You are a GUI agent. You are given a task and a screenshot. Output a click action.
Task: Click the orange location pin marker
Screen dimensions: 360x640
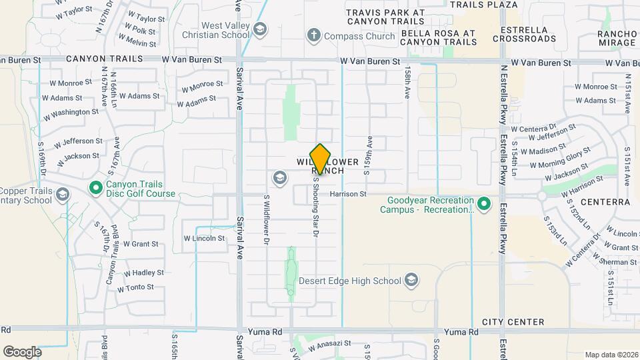[x=321, y=159]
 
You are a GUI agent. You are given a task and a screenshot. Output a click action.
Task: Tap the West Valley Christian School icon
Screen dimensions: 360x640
[x=259, y=29]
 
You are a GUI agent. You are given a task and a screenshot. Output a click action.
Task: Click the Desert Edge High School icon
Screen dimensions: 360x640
[x=412, y=280]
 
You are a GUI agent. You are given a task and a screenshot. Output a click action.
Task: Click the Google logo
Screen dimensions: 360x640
[x=22, y=351]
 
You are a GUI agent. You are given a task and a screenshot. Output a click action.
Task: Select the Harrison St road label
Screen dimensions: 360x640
[x=348, y=194]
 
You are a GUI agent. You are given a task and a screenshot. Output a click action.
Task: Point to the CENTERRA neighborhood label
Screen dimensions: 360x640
[x=605, y=201]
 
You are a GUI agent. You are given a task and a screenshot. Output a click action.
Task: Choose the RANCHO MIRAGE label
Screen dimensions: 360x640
[x=617, y=38]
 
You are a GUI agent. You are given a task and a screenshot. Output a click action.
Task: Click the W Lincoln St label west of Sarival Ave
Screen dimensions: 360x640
[x=204, y=238]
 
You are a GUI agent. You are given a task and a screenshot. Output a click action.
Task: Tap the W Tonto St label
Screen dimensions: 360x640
[x=135, y=288]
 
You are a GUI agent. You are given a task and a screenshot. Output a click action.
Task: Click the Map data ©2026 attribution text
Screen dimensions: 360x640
[x=611, y=355]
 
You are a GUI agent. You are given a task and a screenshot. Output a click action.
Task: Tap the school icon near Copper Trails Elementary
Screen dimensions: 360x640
[x=63, y=195]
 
